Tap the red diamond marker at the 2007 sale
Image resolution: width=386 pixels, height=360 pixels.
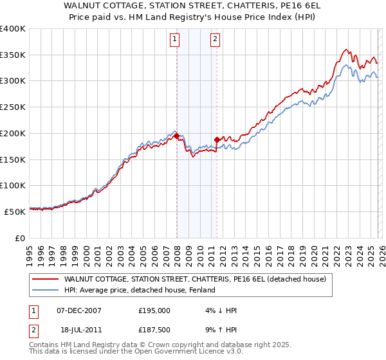coord(176,136)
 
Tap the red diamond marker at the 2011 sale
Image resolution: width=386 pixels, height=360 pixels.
coord(217,139)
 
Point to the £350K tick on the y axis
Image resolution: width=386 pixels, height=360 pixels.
coord(14,55)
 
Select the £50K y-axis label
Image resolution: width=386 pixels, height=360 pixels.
coord(15,212)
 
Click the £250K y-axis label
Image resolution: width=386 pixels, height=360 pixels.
coord(14,107)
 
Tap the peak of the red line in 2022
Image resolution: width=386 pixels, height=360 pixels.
coord(346,50)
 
